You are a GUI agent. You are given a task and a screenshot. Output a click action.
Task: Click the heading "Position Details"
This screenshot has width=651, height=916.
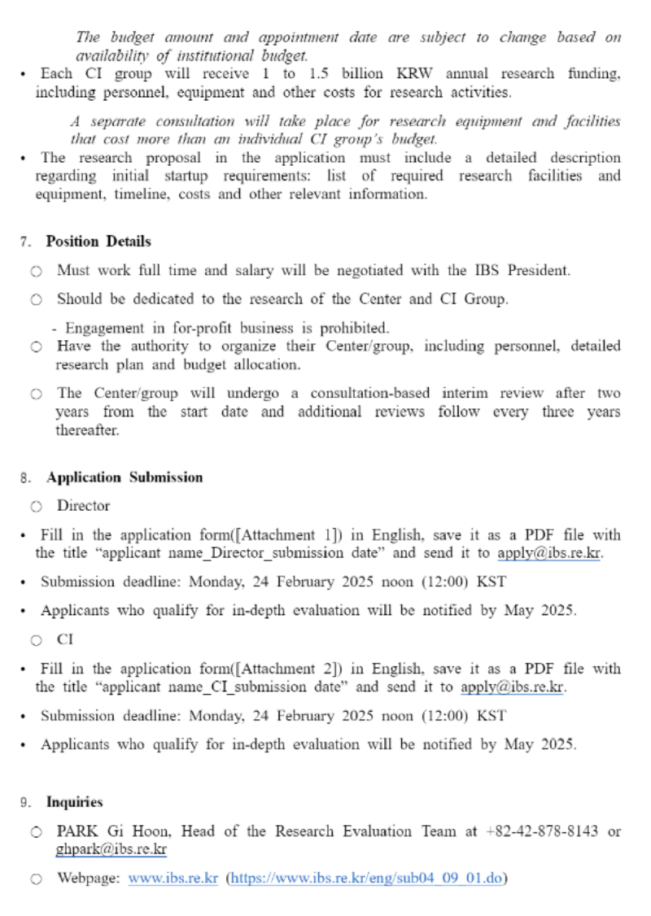click(98, 242)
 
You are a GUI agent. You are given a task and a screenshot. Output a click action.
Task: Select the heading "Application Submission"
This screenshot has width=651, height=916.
click(125, 478)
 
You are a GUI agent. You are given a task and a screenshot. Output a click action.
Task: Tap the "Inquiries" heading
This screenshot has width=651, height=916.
click(75, 802)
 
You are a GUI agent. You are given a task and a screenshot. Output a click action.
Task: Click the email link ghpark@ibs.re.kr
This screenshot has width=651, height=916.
click(111, 849)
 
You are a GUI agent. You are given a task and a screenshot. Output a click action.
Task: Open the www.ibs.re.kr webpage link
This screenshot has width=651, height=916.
click(173, 879)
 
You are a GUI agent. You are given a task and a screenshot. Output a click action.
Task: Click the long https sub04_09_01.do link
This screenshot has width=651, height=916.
click(368, 879)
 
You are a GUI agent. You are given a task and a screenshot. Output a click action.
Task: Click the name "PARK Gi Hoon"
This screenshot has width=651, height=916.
click(112, 831)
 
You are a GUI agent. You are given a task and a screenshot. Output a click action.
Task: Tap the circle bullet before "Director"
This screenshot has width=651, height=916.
click(37, 507)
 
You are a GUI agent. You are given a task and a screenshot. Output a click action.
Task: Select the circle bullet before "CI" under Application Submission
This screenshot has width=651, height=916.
click(37, 640)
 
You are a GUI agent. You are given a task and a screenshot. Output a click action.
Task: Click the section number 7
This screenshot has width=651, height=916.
click(25, 242)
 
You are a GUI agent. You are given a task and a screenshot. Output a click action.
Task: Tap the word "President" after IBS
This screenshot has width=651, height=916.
click(538, 270)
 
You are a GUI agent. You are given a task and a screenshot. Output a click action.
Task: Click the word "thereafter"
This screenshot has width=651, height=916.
click(87, 430)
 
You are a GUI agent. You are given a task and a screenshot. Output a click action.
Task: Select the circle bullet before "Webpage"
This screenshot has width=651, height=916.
click(37, 879)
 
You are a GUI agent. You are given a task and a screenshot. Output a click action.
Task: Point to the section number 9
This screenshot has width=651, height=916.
click(25, 803)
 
